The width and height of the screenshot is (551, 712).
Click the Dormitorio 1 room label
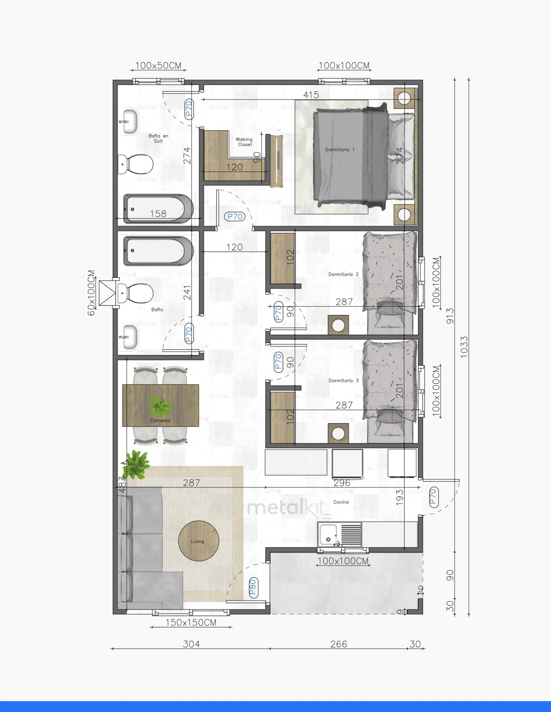(x=340, y=150)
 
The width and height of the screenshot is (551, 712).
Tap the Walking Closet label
(x=244, y=142)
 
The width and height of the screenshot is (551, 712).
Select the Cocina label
(x=341, y=502)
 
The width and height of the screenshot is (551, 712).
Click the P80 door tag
(x=253, y=587)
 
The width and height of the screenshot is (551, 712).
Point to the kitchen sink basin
(x=328, y=534)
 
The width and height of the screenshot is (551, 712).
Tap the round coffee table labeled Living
(x=198, y=541)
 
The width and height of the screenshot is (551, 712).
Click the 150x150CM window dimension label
(x=191, y=622)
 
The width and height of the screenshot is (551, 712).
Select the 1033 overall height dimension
(x=464, y=347)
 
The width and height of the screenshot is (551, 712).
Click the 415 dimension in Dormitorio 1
(x=311, y=95)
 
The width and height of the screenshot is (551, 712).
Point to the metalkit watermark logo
(x=289, y=507)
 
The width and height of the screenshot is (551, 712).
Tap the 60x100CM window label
(x=91, y=293)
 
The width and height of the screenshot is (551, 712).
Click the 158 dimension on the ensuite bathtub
(x=158, y=214)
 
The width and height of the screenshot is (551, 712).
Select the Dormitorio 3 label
(x=343, y=381)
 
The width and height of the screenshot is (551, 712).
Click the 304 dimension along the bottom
(x=191, y=644)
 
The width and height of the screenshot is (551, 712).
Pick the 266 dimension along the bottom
(x=338, y=644)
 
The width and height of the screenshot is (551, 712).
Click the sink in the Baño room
(x=129, y=336)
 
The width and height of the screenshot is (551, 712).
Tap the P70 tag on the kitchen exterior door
(x=433, y=497)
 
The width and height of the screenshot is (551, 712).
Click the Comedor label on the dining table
(x=160, y=420)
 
